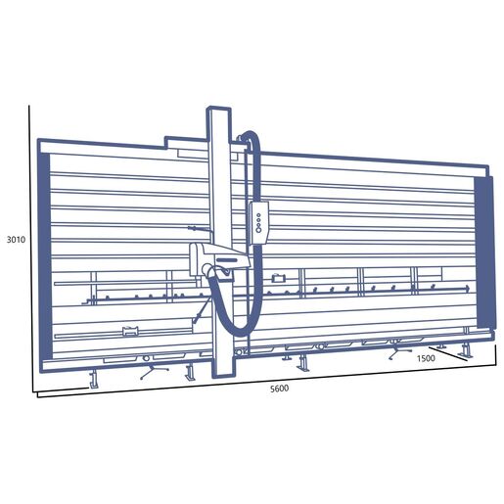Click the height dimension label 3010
(16, 240)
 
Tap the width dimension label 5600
(279, 389)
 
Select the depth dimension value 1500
(426, 358)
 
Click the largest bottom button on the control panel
(259, 230)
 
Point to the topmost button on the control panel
(258, 215)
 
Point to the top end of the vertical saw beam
(219, 109)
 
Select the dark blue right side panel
(485, 252)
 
